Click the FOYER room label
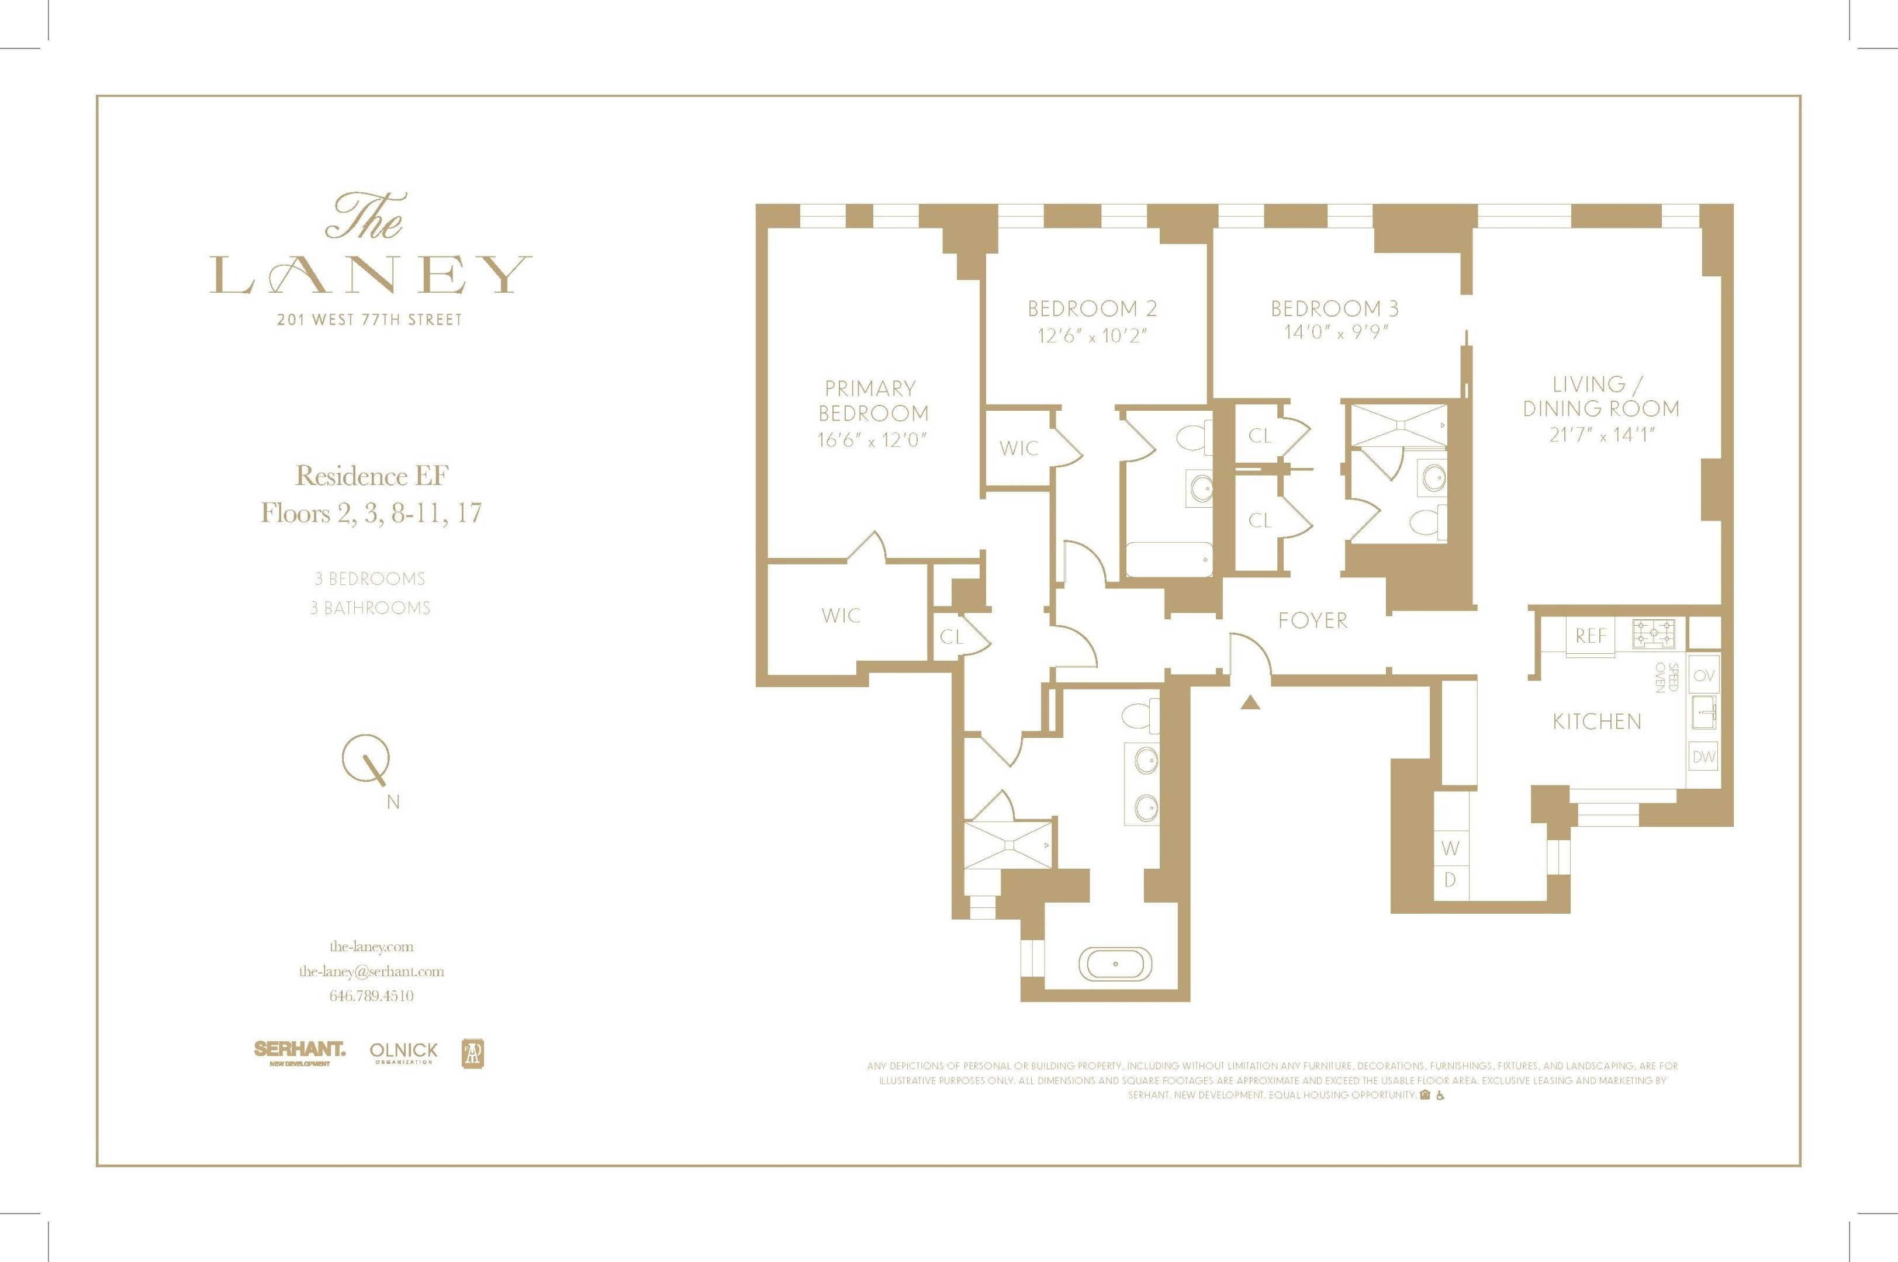(x=1312, y=620)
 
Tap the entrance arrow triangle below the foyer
(x=1250, y=703)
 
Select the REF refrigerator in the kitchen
(x=1591, y=636)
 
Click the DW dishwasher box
(x=1703, y=757)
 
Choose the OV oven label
(x=1703, y=676)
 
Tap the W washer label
(x=1450, y=848)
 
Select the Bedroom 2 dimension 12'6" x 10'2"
(x=1092, y=335)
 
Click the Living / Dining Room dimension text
(x=1601, y=435)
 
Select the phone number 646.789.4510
(x=371, y=996)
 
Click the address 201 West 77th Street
(x=369, y=320)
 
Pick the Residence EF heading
(x=371, y=476)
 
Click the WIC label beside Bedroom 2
(x=1019, y=448)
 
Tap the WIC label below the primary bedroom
(x=841, y=616)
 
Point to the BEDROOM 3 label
(x=1335, y=308)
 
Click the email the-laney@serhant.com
(x=371, y=972)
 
